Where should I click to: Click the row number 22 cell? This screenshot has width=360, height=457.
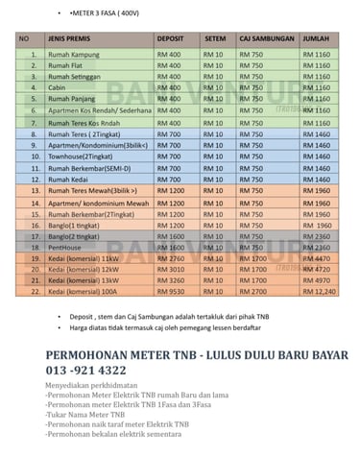(x=33, y=289)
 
